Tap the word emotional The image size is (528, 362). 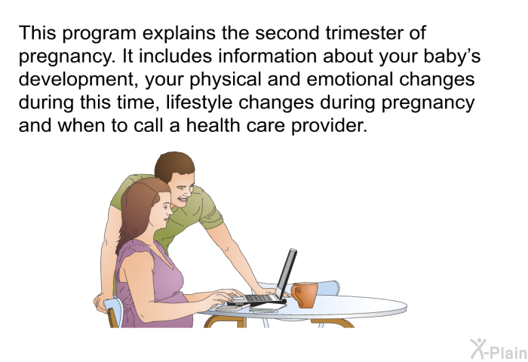coord(350,79)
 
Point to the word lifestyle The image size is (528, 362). coord(199,103)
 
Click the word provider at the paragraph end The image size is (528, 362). coord(329,125)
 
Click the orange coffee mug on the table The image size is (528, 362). coord(305,295)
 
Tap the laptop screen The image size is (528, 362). coord(286,274)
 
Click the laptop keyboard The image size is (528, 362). coord(258,298)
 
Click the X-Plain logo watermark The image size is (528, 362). coord(499,349)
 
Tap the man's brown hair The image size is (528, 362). coord(173,165)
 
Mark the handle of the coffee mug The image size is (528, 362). coord(296,295)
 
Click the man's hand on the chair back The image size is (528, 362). coord(100,302)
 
